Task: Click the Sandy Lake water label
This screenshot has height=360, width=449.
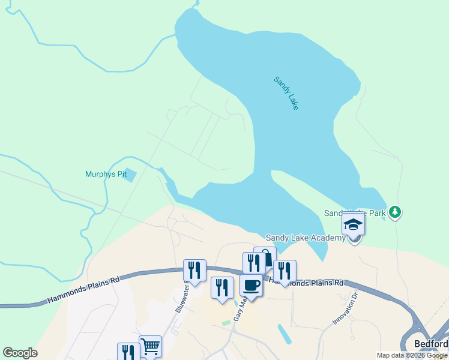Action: (286, 92)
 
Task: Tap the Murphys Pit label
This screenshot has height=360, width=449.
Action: (106, 175)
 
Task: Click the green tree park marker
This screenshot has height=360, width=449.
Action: (394, 212)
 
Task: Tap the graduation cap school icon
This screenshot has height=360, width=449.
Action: (354, 225)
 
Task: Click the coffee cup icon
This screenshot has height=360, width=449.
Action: (251, 285)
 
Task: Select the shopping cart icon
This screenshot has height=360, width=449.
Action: (150, 346)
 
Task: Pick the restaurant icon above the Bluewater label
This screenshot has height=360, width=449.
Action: (194, 270)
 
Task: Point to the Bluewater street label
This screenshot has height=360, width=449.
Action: (182, 298)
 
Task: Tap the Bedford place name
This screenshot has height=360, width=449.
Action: (431, 344)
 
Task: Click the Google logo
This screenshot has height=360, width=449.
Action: (20, 353)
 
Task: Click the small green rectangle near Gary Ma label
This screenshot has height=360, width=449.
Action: (226, 323)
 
